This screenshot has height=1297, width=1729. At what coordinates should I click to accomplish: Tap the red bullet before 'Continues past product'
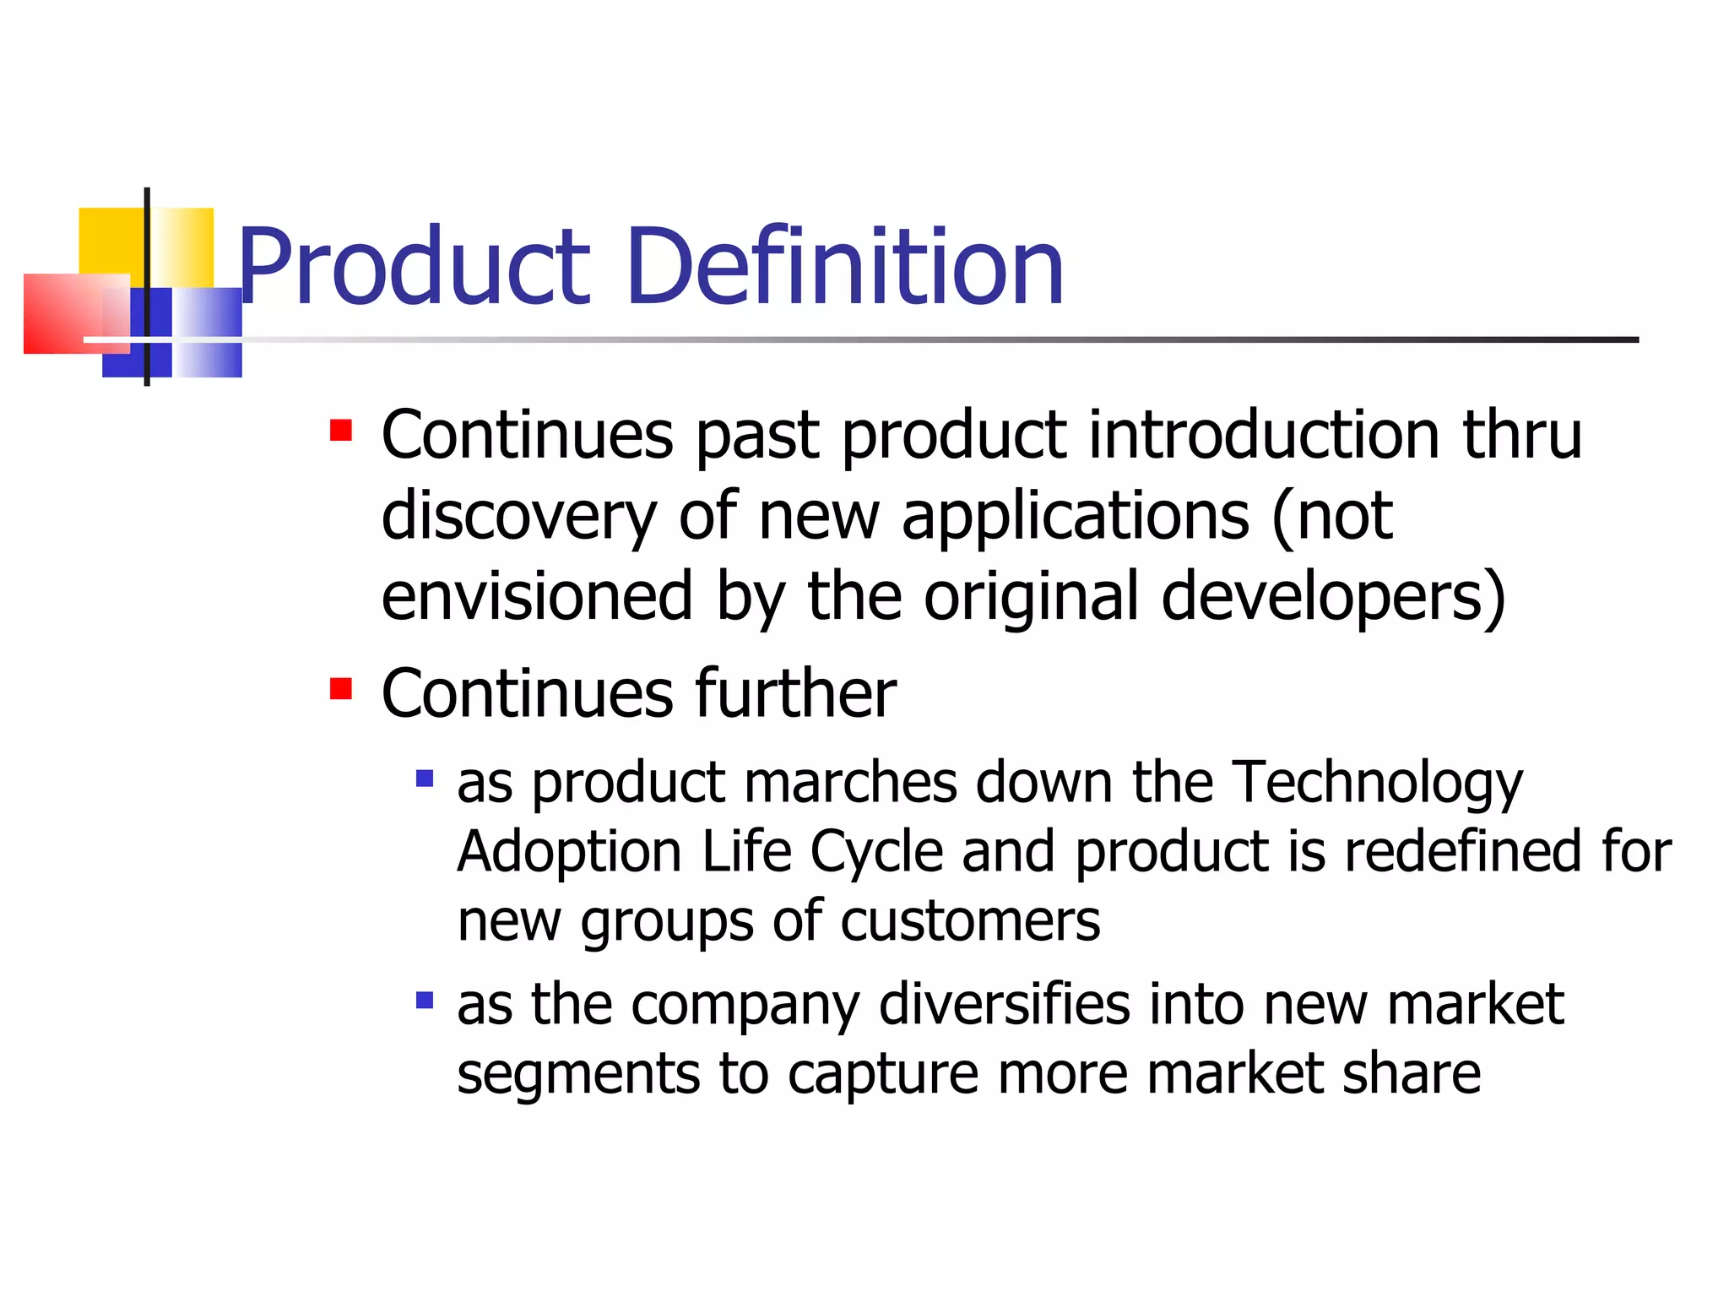341,431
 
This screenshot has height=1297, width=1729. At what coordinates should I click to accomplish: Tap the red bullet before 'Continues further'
341,690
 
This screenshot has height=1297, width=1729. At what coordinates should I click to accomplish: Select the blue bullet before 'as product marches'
425,778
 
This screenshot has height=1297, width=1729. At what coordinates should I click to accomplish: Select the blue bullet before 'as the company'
425,1001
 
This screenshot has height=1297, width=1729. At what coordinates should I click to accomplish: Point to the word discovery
518,517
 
